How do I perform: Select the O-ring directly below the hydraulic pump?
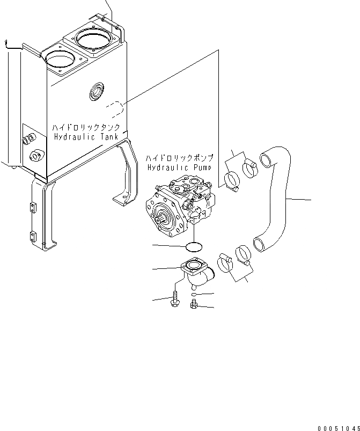coord(193,247)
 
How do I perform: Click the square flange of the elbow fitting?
coord(193,266)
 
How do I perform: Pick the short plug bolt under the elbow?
coord(194,306)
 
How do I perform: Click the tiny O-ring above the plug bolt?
coord(194,295)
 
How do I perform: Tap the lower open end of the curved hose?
coord(260,245)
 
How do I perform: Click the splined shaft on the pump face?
coord(163,218)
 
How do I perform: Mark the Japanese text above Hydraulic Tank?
coord(90,128)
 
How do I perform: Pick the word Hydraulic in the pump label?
coord(165,167)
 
